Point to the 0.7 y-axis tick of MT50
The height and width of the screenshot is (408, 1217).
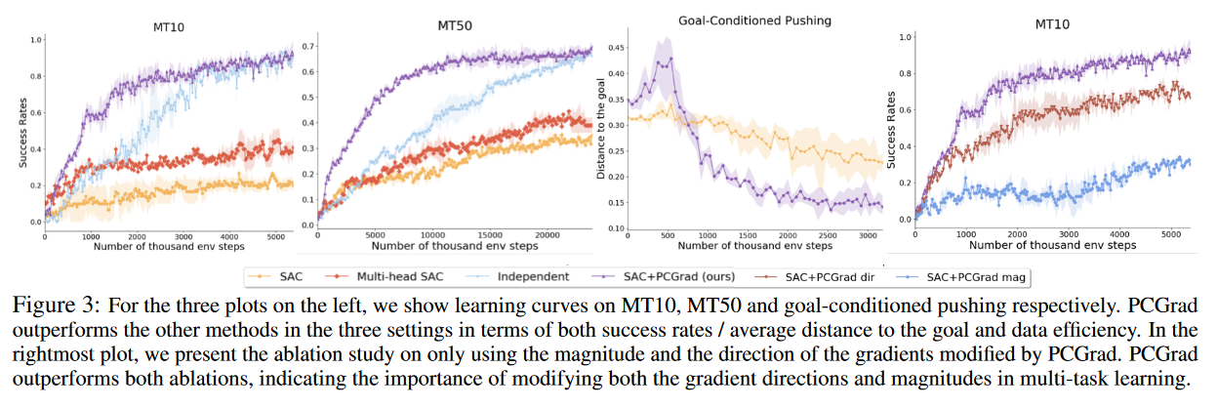click(309, 46)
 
